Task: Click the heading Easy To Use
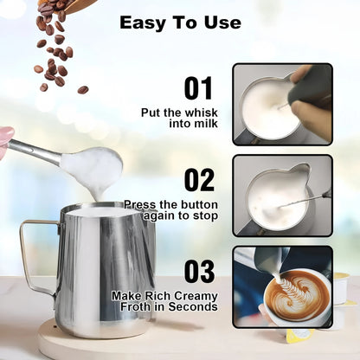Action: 180,22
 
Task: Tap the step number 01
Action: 199,88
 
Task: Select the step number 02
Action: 199,180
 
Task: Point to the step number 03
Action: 199,270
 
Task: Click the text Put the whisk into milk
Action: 180,118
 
